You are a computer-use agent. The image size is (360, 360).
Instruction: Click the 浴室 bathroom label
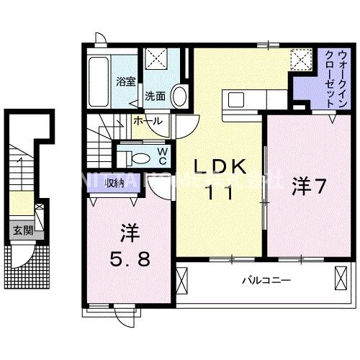point(126,81)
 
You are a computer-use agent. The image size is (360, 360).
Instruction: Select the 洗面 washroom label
point(156,96)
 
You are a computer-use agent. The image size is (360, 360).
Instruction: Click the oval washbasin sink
point(180,96)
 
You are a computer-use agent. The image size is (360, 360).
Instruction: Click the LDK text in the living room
point(220,167)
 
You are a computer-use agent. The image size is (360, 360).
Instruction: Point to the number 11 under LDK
point(220,192)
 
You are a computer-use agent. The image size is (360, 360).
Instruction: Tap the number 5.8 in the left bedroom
point(130,258)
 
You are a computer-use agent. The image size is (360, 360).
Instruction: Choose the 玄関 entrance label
point(22,230)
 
